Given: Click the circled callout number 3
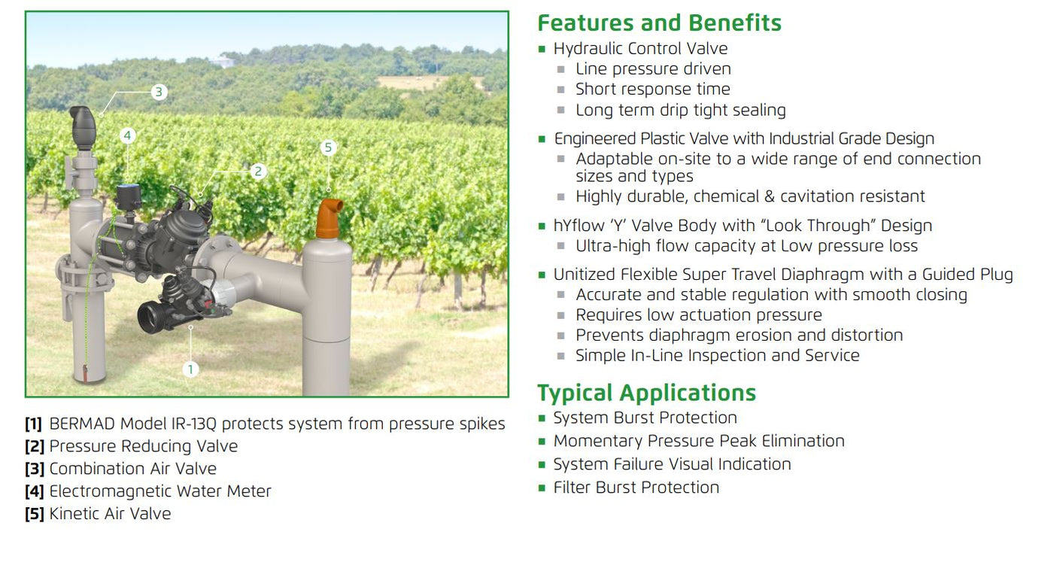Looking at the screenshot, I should pos(158,93).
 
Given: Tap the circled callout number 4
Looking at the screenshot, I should pos(128,135).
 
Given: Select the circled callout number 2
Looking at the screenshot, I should pos(258,172).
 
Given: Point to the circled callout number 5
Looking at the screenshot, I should pos(327,147).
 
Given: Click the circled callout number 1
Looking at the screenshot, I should pos(191,369).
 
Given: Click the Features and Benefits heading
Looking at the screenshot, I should pos(659,23).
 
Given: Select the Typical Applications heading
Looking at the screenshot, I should pos(646,393).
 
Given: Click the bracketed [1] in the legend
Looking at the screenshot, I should pos(33,424).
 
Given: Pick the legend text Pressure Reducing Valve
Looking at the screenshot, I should pos(143,446).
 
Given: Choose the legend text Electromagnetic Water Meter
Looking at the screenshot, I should pos(159,491).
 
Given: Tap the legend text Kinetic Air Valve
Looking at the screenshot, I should pos(110,514).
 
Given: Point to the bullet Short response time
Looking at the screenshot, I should pos(652,89).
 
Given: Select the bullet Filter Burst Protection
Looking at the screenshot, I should pos(636,488).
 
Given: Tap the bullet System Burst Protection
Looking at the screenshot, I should pos(645,418).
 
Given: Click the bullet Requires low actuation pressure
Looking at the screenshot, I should pos(698,314).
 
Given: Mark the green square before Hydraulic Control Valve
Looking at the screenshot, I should pos(542,49).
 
